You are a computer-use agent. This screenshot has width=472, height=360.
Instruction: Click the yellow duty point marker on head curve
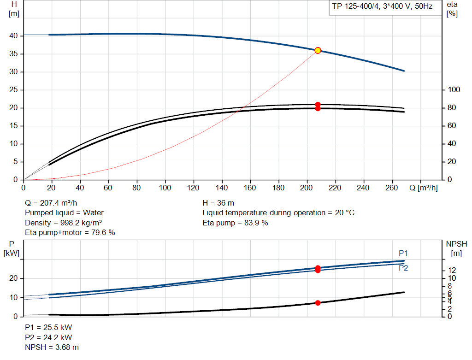coord(318,51)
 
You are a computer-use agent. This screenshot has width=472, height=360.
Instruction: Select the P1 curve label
coord(403,253)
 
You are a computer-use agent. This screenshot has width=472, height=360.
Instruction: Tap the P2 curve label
coord(403,268)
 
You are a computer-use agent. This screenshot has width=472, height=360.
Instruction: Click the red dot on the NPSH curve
coord(318,303)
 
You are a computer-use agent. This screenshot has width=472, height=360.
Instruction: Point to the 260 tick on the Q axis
coord(392,188)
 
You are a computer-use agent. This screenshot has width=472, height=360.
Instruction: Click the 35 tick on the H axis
coord(13,54)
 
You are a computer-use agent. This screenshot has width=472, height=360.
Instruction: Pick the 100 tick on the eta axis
coord(454,90)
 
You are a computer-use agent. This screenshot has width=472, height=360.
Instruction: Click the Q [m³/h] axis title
coord(424,188)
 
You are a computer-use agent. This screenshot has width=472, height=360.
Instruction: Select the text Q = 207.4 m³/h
coord(51,203)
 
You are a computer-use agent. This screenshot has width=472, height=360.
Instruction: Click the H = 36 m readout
coord(218,203)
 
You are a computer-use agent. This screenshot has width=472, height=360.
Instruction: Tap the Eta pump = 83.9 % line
coord(235,223)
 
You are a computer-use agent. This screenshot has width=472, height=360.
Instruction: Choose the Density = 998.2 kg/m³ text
coord(63,223)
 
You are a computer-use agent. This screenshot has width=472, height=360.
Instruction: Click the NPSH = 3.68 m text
coord(52,348)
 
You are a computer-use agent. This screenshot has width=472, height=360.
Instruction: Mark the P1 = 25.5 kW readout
coord(48,327)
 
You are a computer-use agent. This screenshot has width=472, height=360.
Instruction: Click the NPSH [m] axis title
coord(456,248)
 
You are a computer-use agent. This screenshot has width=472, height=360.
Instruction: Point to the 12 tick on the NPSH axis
coord(452,270)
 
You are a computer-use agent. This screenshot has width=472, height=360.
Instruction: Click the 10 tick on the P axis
coord(13,298)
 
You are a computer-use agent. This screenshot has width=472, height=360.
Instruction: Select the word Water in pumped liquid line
coord(93,213)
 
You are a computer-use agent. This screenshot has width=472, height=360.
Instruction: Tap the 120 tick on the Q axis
coord(193,188)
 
